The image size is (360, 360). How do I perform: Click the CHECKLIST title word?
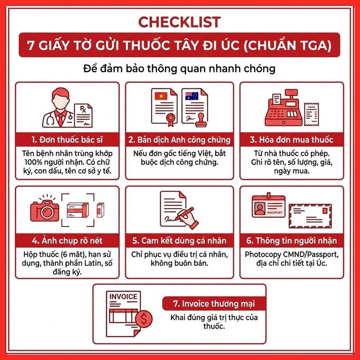click(179, 22)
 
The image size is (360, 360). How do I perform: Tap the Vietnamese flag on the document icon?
click(161, 96)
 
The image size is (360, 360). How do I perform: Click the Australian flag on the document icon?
click(192, 96)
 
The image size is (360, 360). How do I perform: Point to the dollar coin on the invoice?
click(144, 319)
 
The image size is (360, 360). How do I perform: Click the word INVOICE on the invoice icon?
click(123, 297)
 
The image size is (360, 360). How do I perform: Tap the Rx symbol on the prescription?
click(83, 109)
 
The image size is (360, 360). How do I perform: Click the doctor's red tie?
click(61, 119)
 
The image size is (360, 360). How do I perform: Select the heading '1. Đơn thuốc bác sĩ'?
click(67, 139)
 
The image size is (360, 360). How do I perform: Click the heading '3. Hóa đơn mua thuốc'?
click(292, 139)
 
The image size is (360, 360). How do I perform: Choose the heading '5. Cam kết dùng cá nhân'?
click(179, 241)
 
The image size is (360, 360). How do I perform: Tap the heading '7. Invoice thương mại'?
click(214, 304)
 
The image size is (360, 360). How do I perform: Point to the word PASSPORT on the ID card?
click(274, 212)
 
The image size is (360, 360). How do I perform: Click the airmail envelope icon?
click(310, 216)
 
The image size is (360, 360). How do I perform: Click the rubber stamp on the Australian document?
click(201, 120)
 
